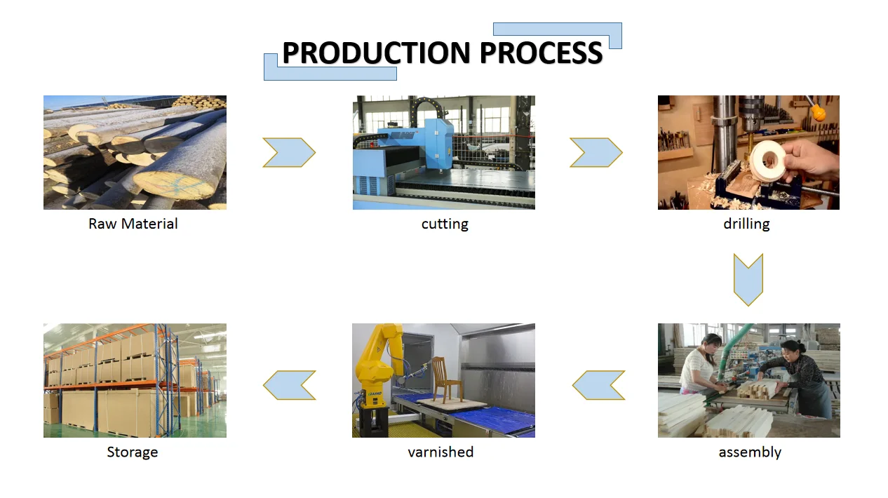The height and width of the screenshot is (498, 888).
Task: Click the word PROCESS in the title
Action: (541, 53)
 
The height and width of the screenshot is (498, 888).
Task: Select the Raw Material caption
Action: (133, 224)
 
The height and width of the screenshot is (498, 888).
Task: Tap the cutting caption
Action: (445, 224)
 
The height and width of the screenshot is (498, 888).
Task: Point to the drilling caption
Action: (746, 224)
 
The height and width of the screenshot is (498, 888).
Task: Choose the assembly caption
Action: (749, 452)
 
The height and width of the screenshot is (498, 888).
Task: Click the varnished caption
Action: (440, 452)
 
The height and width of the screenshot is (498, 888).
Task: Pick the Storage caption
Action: (133, 452)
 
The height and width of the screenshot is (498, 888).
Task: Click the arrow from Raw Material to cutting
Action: (289, 152)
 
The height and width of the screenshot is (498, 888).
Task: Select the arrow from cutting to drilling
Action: (596, 152)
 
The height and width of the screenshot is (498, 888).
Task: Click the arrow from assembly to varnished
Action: (598, 385)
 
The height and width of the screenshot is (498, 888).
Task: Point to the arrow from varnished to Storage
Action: (289, 385)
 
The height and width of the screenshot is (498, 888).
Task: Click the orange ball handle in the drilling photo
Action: (817, 112)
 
